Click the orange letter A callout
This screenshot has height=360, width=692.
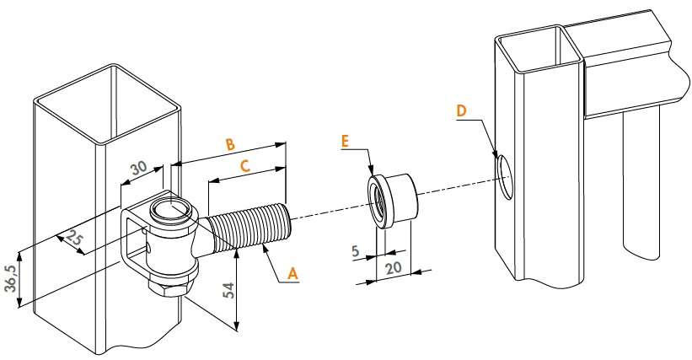[x=292, y=272]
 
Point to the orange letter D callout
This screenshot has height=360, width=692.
[x=460, y=111]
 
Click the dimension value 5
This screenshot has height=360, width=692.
[x=357, y=250]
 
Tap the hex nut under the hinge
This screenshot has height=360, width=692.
[x=172, y=287]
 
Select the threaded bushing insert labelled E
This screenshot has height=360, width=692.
[x=392, y=199]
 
